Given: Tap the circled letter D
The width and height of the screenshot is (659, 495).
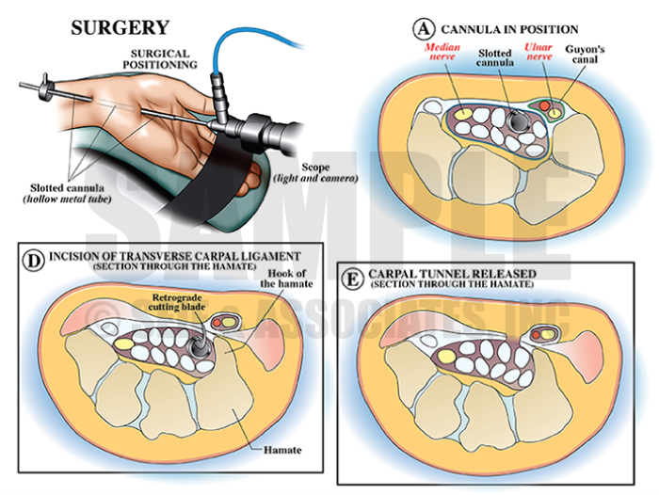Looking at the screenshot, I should click(x=33, y=255).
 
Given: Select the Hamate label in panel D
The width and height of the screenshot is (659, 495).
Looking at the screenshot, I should click(x=281, y=450).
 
